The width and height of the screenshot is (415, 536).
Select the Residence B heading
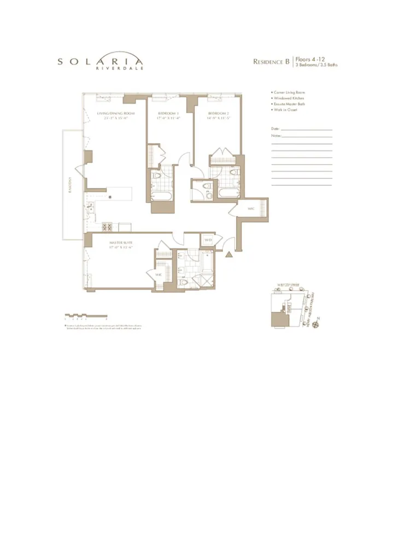(271, 61)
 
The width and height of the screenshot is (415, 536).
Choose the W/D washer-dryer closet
(208, 240)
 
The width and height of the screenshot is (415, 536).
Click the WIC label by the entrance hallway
(251, 208)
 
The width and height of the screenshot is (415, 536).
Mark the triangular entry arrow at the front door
(230, 254)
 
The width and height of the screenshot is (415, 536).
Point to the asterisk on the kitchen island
(110, 197)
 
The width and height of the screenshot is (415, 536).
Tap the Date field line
(306, 129)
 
